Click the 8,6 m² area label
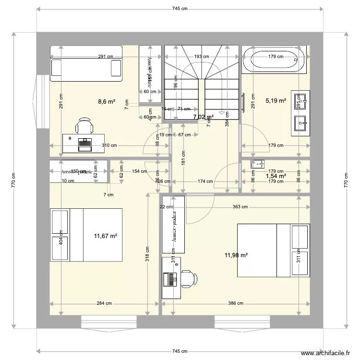coord(106,101)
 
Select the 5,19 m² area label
coord(276,101)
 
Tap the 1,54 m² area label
coord(276,176)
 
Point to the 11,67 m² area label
coord(106,236)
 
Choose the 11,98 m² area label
coord(236,255)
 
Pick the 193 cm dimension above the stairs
coord(202,57)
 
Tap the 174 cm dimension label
coord(205,181)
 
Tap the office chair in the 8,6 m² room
coord(84,126)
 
